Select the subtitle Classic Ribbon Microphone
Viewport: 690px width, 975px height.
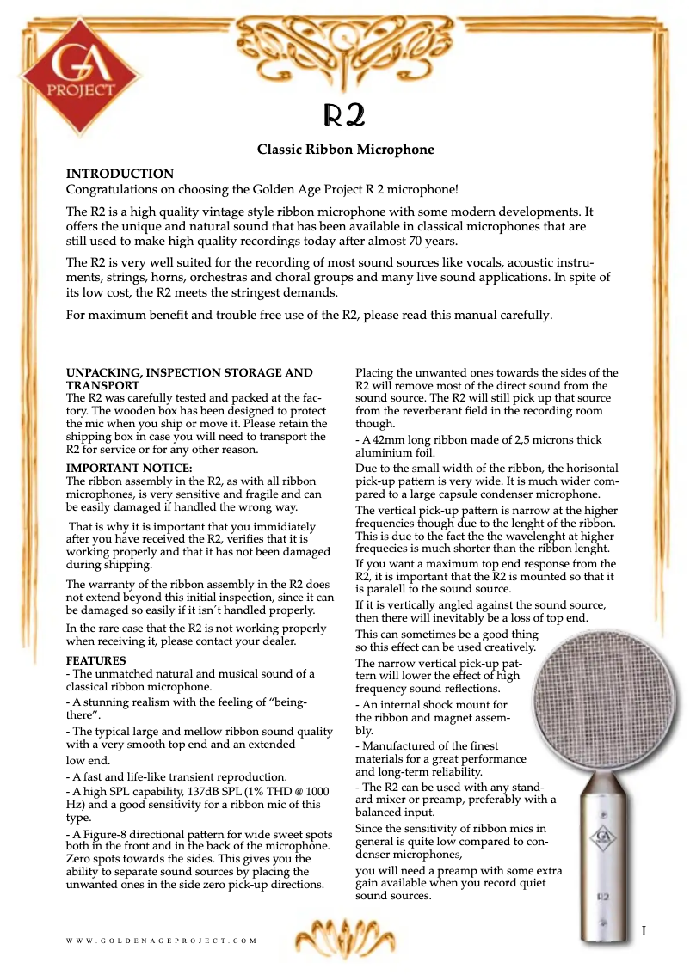(x=345, y=150)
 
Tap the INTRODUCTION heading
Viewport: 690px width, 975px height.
(x=120, y=174)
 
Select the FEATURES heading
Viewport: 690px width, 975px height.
(x=96, y=660)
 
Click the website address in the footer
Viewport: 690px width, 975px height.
(x=162, y=941)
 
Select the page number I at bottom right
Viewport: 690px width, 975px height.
(x=643, y=932)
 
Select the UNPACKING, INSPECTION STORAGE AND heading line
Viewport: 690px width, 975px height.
(x=189, y=373)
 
